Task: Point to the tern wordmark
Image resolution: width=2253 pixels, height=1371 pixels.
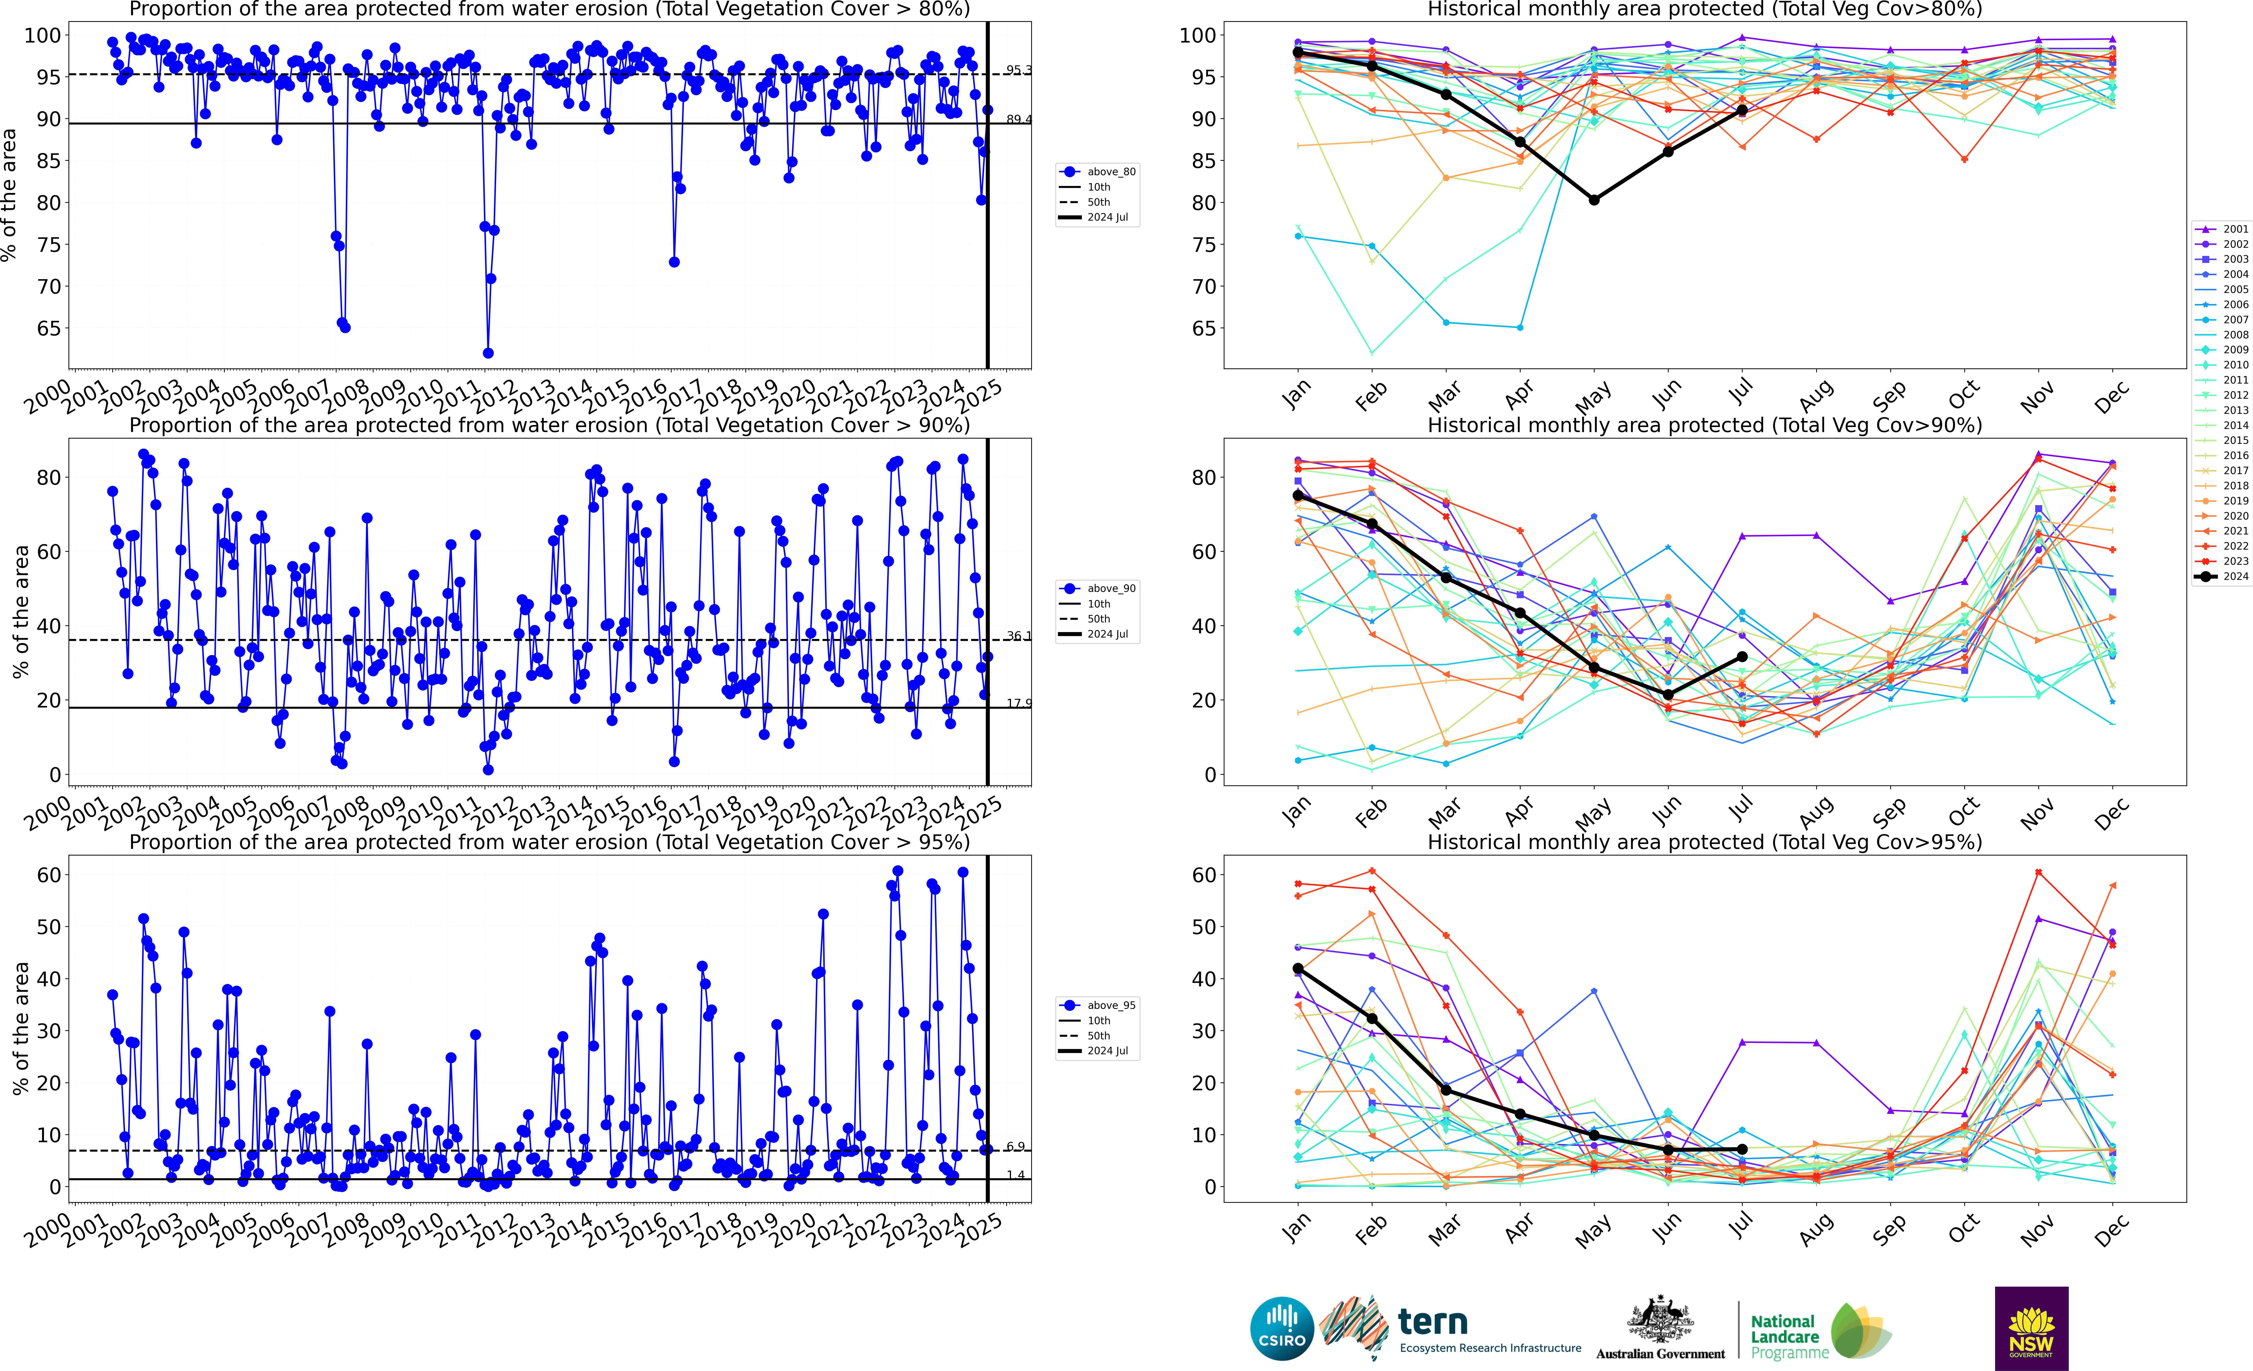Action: (x=1433, y=1322)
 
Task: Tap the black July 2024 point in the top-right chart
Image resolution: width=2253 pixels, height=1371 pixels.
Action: (x=1742, y=111)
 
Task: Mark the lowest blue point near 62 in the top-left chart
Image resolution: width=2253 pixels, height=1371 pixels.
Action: (x=488, y=353)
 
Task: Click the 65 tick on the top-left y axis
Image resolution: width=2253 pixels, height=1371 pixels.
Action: (x=49, y=328)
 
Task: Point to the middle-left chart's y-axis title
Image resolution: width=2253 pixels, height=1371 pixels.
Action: (x=20, y=611)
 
